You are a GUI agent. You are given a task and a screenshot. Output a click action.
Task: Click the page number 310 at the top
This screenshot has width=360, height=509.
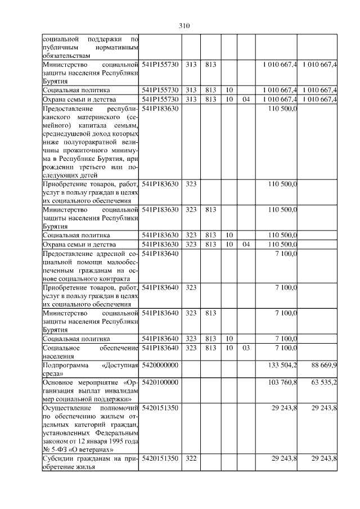pos(185,26)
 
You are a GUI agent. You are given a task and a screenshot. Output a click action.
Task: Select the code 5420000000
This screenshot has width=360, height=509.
pos(160,366)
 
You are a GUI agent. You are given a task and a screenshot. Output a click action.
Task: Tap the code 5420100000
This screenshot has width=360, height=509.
pos(160,382)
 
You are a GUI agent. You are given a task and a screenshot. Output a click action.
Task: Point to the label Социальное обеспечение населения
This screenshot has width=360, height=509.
pos(90,352)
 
